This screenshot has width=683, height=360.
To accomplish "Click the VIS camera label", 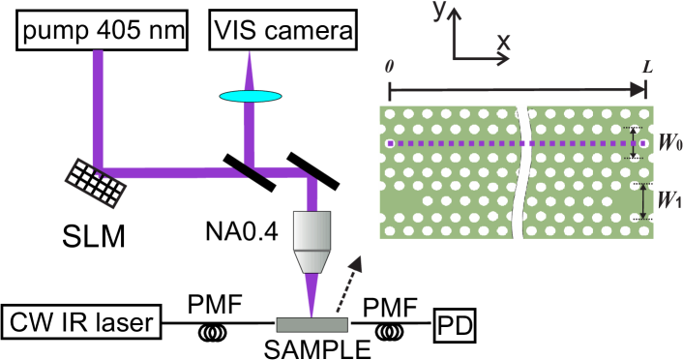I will tap(282, 31).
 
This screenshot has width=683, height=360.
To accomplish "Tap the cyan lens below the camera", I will tap(250, 96).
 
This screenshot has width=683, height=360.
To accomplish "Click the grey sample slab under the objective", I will tap(312, 324).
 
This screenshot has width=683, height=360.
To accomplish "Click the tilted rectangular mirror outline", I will tap(95, 183).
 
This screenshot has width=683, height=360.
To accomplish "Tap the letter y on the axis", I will tap(437, 13).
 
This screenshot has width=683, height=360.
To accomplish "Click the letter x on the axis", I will tap(503, 42).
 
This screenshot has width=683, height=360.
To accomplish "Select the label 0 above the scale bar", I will tap(389, 68).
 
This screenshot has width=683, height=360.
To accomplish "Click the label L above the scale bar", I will tap(646, 68).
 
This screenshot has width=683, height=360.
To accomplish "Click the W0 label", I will tap(668, 143).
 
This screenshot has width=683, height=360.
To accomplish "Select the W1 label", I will tap(668, 200).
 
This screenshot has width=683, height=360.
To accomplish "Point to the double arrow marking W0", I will tap(635, 143).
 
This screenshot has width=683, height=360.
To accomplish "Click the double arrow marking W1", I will tap(641, 200).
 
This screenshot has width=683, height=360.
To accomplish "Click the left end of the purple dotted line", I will tap(390, 143).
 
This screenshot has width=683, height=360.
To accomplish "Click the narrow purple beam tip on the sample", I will tap(312, 310).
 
